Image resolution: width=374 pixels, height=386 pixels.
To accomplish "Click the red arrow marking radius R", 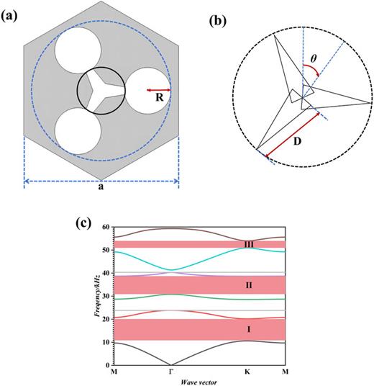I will click(158, 90).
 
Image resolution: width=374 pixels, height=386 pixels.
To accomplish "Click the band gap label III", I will click(249, 245).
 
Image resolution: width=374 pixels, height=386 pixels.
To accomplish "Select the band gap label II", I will click(249, 285).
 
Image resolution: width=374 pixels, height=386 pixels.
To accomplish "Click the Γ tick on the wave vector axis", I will click(170, 372).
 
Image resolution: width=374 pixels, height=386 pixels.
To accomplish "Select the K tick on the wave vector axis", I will click(247, 372).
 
